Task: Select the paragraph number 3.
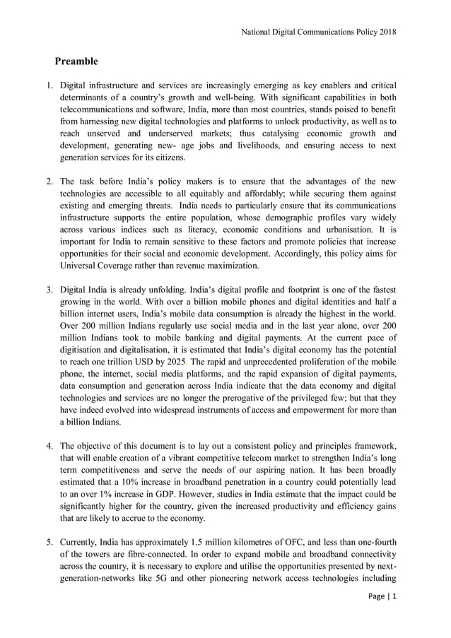coord(50,290)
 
